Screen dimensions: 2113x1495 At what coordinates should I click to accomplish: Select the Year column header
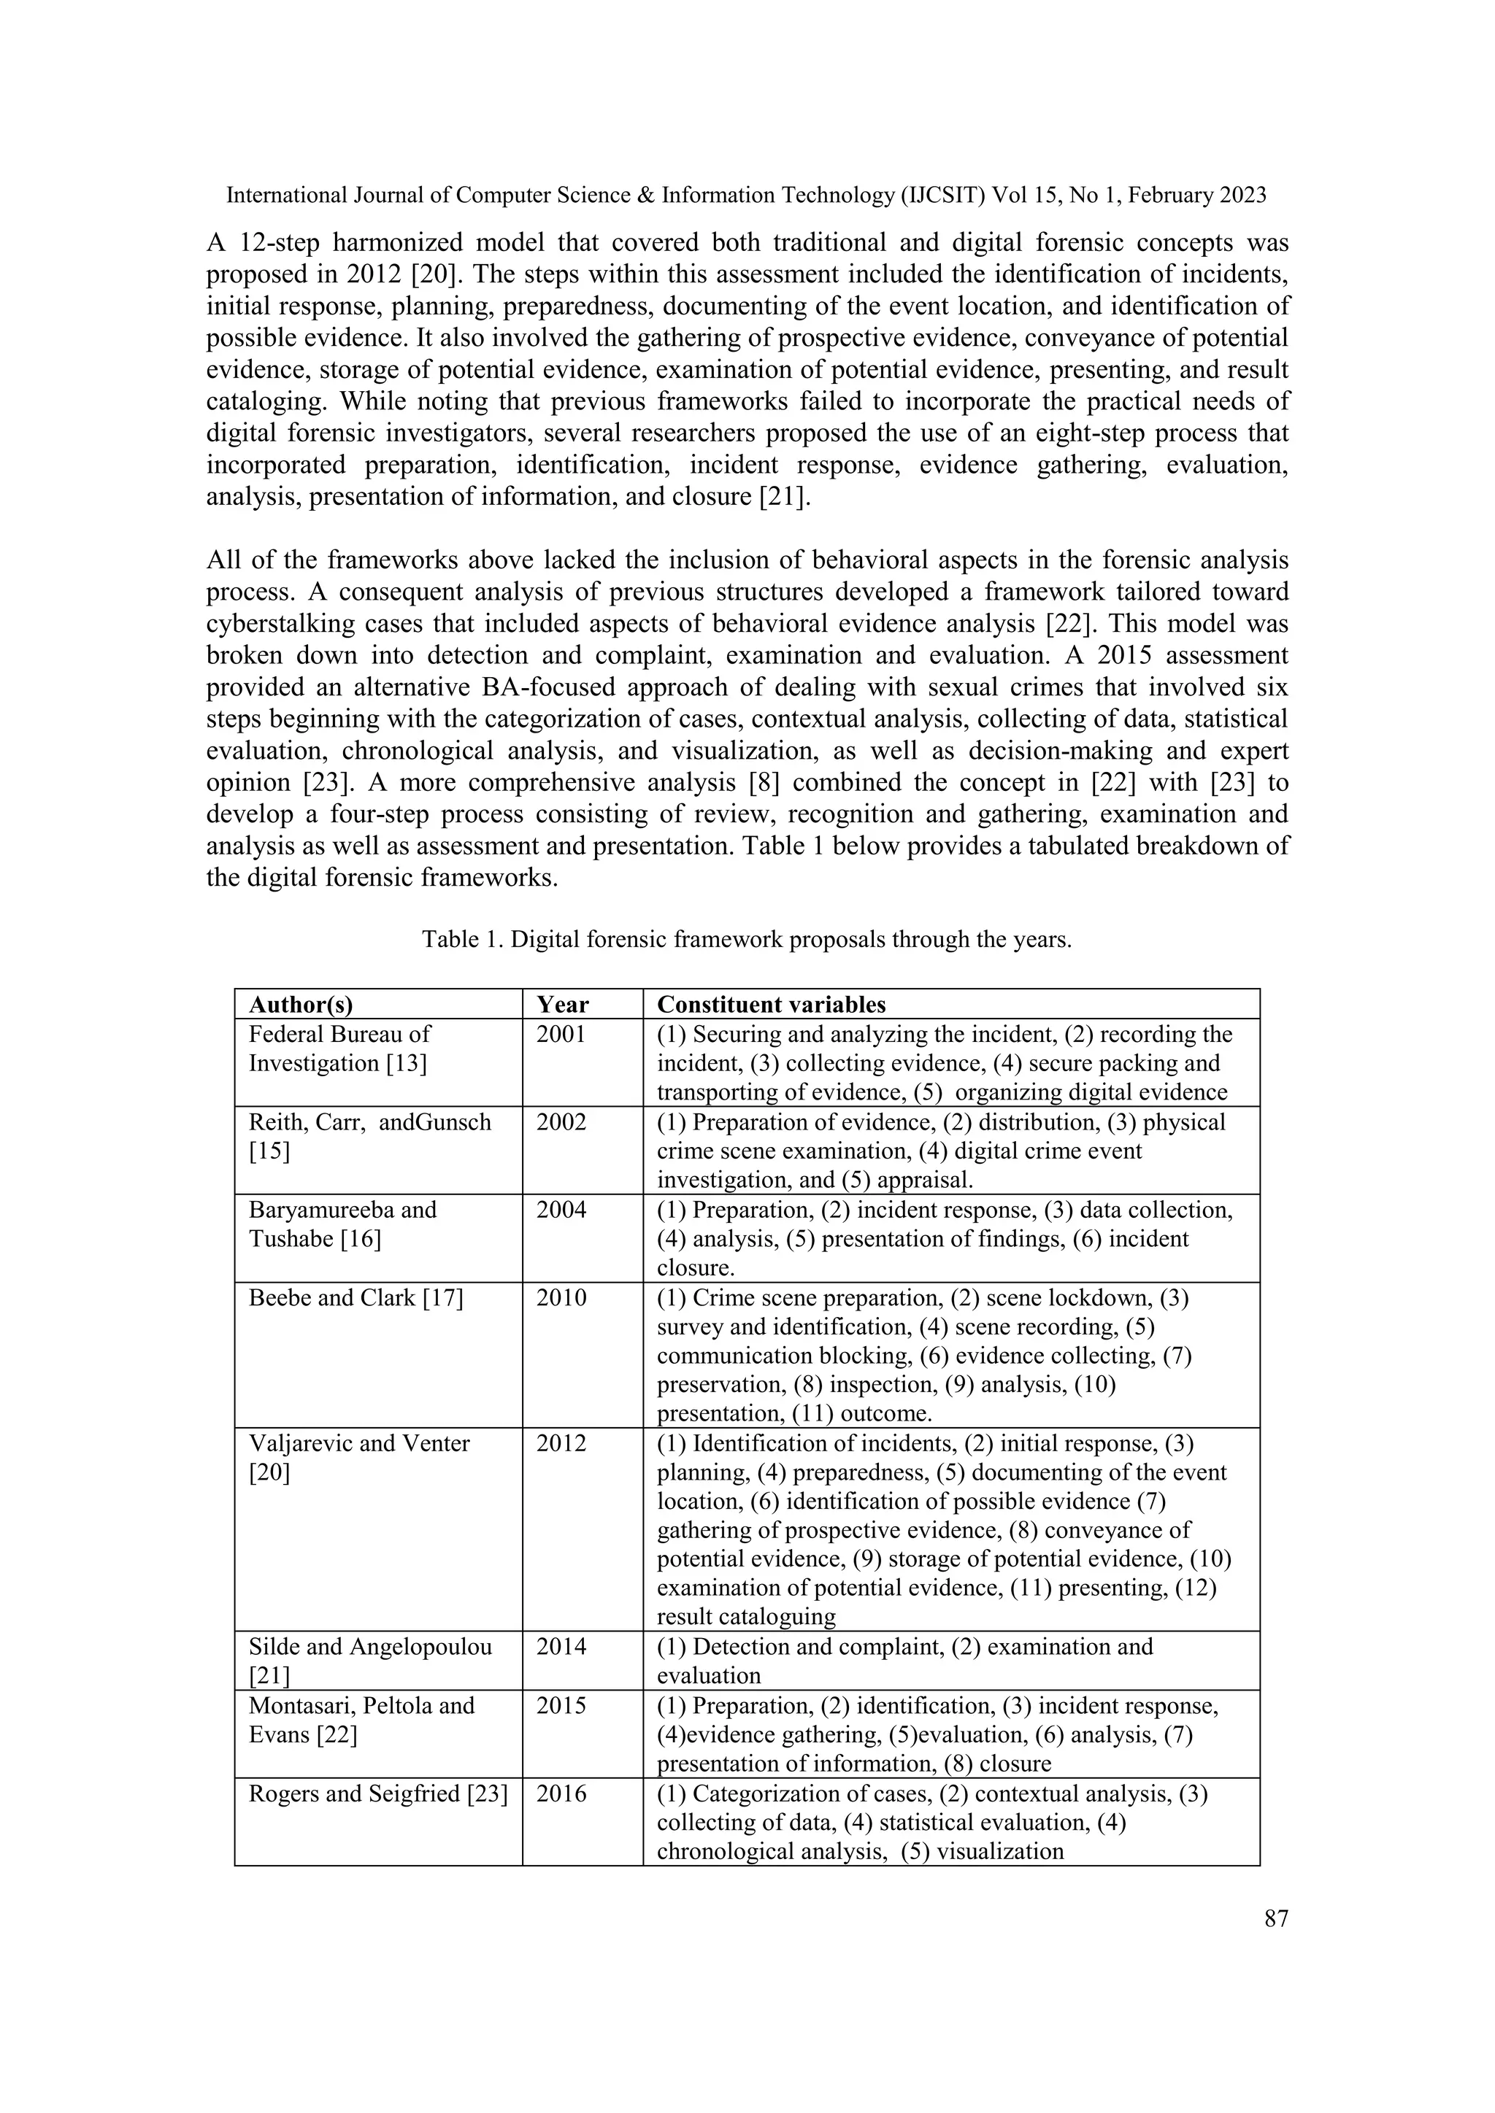pos(563,1004)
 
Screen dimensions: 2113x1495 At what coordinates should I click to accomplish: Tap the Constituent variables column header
pos(772,1004)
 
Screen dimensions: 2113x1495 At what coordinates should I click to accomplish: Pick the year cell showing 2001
pos(561,1035)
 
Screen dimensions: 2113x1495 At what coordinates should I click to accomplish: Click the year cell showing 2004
pos(561,1210)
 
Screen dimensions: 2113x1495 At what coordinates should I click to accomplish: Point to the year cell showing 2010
pos(561,1299)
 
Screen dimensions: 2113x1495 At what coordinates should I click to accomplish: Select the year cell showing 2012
pos(561,1443)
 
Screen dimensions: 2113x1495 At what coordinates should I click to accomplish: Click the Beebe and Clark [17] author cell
pos(356,1299)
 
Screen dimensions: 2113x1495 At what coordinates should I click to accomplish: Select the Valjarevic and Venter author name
pos(359,1443)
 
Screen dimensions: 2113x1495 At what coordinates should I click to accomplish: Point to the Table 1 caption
pos(747,940)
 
